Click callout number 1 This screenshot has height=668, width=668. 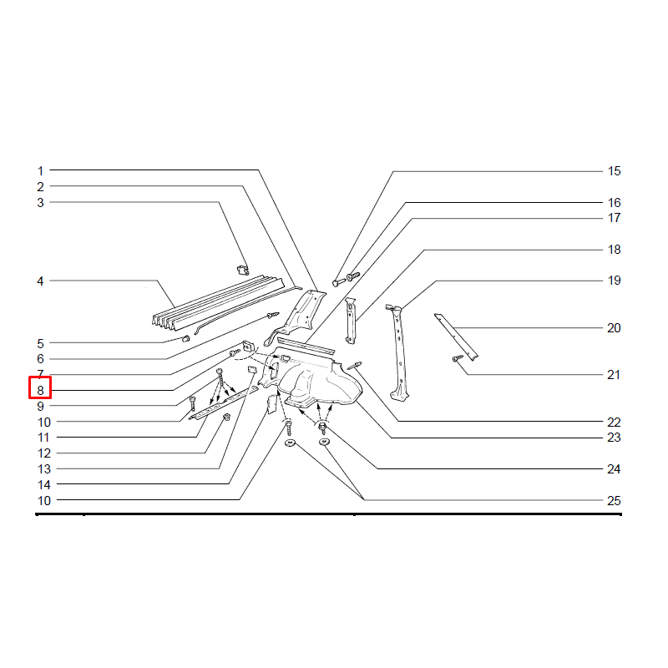pyautogui.click(x=40, y=171)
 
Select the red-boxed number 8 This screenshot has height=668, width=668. pyautogui.click(x=40, y=390)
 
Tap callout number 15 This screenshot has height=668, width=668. pyautogui.click(x=614, y=171)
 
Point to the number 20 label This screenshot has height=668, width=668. pyautogui.click(x=614, y=328)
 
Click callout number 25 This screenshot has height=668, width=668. pyautogui.click(x=614, y=500)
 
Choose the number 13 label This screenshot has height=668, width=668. pyautogui.click(x=44, y=469)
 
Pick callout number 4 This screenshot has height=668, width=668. pyautogui.click(x=40, y=281)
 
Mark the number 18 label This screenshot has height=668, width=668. pyautogui.click(x=614, y=250)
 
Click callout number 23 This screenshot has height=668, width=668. pyautogui.click(x=614, y=438)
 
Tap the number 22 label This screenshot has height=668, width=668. pyautogui.click(x=614, y=423)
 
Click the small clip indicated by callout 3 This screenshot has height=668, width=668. pyautogui.click(x=243, y=270)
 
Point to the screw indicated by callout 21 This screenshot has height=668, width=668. pyautogui.click(x=458, y=358)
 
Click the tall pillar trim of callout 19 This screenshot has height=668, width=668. pyautogui.click(x=398, y=352)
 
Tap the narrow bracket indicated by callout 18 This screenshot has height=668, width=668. pyautogui.click(x=350, y=321)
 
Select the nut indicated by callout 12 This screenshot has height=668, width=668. pyautogui.click(x=226, y=417)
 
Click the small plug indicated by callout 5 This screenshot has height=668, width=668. pyautogui.click(x=185, y=339)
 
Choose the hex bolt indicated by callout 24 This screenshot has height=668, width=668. pyautogui.click(x=322, y=428)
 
